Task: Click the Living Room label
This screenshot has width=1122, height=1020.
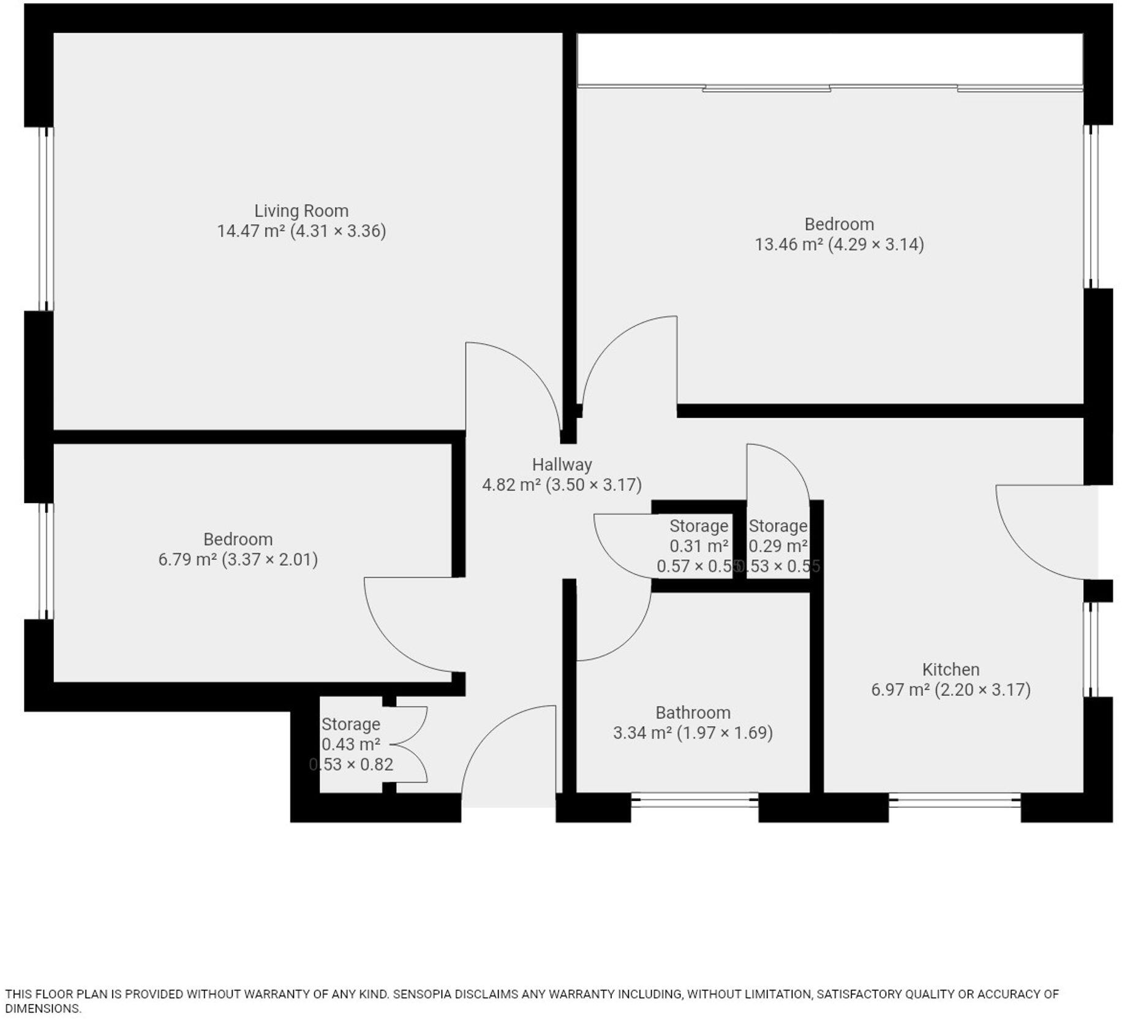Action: (301, 211)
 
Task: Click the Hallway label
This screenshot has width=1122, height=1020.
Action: (562, 465)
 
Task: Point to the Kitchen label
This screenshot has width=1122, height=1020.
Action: (951, 669)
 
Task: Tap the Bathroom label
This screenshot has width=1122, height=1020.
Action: (693, 713)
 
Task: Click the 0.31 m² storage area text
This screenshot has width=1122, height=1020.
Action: (698, 546)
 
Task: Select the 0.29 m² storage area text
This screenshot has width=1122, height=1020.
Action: (778, 546)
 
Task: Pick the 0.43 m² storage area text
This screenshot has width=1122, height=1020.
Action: (351, 745)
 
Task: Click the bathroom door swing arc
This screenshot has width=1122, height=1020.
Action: (631, 637)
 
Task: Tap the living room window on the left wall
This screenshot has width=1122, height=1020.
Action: (46, 219)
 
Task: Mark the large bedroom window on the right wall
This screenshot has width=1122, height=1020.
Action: (1091, 207)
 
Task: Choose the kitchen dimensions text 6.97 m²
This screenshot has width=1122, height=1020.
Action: (951, 690)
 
